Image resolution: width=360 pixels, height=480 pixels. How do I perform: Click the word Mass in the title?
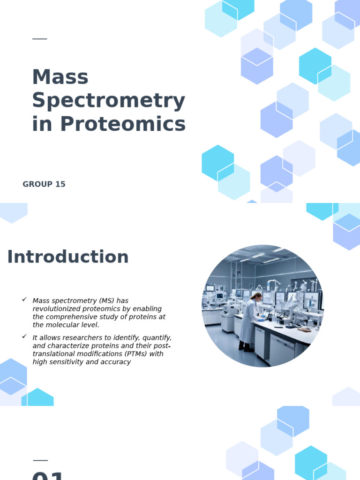[60, 77]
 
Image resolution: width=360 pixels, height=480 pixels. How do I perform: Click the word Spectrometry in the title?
[108, 101]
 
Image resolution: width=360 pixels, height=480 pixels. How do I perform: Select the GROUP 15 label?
[44, 184]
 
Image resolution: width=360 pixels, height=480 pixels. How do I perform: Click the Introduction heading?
[67, 257]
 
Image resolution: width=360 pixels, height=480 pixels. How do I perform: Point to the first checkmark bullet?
[24, 299]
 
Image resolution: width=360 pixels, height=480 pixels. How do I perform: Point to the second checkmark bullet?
[24, 336]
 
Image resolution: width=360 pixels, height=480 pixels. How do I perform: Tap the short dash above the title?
[40, 39]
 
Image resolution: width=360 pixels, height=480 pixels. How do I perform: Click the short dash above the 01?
[40, 460]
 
